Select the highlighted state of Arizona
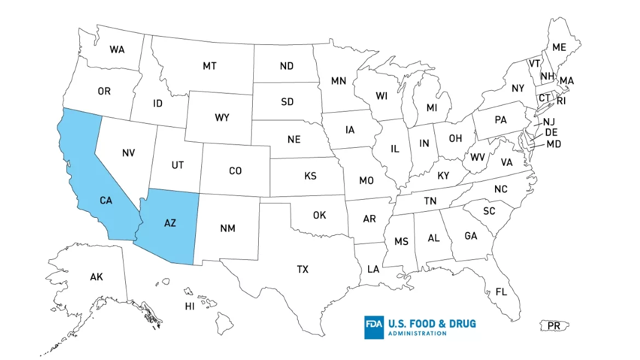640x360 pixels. point(170,222)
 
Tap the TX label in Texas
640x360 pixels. point(302,269)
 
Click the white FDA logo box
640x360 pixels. point(374,327)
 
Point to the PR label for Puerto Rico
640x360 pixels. point(554,326)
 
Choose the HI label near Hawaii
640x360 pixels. point(190,306)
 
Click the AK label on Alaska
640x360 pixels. point(96,277)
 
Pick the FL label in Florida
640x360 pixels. point(501,292)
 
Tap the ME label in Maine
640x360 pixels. point(559,48)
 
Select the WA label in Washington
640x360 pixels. point(117,50)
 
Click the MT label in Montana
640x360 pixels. point(210,66)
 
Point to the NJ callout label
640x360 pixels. point(549,121)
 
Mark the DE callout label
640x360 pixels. point(551,133)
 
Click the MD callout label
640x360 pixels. point(554,144)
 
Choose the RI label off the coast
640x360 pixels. point(561,101)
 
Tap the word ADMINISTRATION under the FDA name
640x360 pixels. point(416,333)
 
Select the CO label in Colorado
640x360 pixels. point(235,171)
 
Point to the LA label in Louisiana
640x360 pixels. point(373,269)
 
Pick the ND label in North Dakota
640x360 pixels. point(287,66)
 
